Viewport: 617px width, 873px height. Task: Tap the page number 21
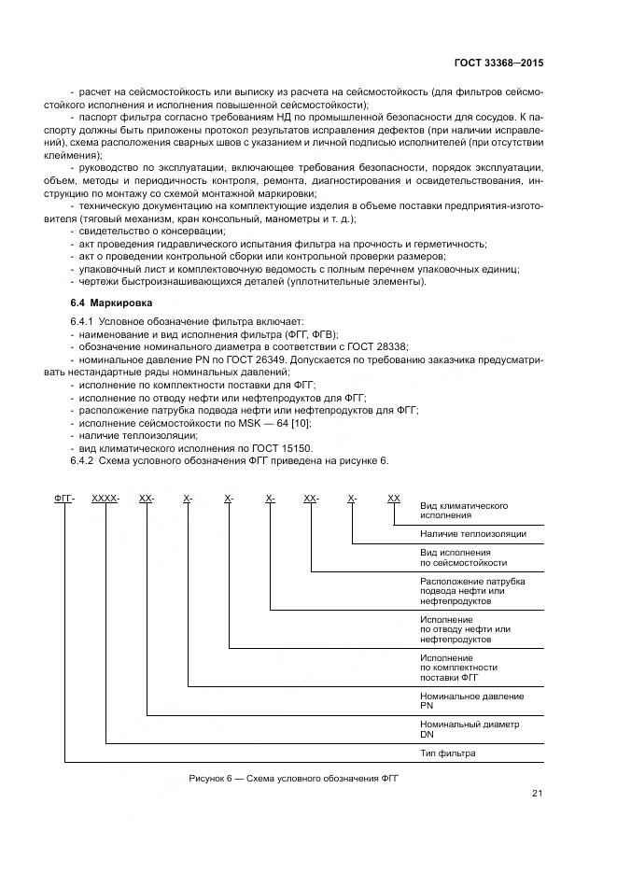(x=537, y=794)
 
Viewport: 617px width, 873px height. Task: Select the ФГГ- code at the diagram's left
(x=64, y=500)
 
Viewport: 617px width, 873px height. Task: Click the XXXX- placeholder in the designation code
(x=105, y=500)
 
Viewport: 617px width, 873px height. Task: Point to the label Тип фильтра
(x=448, y=753)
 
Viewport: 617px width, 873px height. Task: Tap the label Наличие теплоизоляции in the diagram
(x=472, y=534)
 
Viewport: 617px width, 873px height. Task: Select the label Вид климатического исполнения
(x=464, y=510)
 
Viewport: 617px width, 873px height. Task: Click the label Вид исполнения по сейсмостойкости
(x=464, y=557)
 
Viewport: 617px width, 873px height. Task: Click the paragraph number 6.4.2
(x=84, y=461)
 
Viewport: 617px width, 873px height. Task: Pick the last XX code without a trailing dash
(x=394, y=500)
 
